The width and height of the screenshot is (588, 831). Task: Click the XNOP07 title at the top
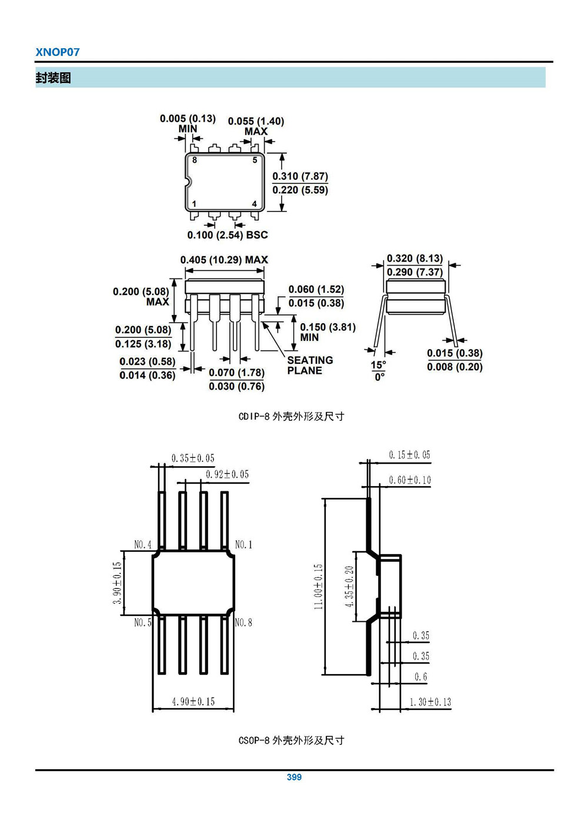click(x=58, y=52)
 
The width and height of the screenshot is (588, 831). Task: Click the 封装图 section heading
click(x=54, y=78)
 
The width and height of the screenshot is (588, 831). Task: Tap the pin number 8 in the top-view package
click(x=195, y=160)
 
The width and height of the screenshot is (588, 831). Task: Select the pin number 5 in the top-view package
click(x=255, y=160)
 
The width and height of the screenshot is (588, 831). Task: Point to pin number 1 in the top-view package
click(x=195, y=204)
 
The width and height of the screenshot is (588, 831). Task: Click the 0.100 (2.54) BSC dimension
click(x=228, y=235)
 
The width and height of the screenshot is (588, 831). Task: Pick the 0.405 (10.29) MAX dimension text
click(x=224, y=260)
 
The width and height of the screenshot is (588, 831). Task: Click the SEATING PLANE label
click(x=310, y=365)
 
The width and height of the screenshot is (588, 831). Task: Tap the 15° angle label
click(x=378, y=364)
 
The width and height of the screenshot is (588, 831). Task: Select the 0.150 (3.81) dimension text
click(x=328, y=327)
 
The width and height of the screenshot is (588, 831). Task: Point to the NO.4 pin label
click(x=143, y=545)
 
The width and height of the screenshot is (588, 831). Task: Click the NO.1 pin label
click(x=243, y=545)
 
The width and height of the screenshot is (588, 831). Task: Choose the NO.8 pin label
click(x=243, y=622)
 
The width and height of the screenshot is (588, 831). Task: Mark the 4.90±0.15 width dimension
click(x=193, y=702)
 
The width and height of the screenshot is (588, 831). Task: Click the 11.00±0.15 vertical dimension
click(x=318, y=587)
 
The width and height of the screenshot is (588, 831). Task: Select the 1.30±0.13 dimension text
click(x=430, y=702)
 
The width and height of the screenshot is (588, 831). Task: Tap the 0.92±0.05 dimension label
click(x=227, y=474)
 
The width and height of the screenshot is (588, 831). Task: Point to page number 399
click(x=294, y=777)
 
